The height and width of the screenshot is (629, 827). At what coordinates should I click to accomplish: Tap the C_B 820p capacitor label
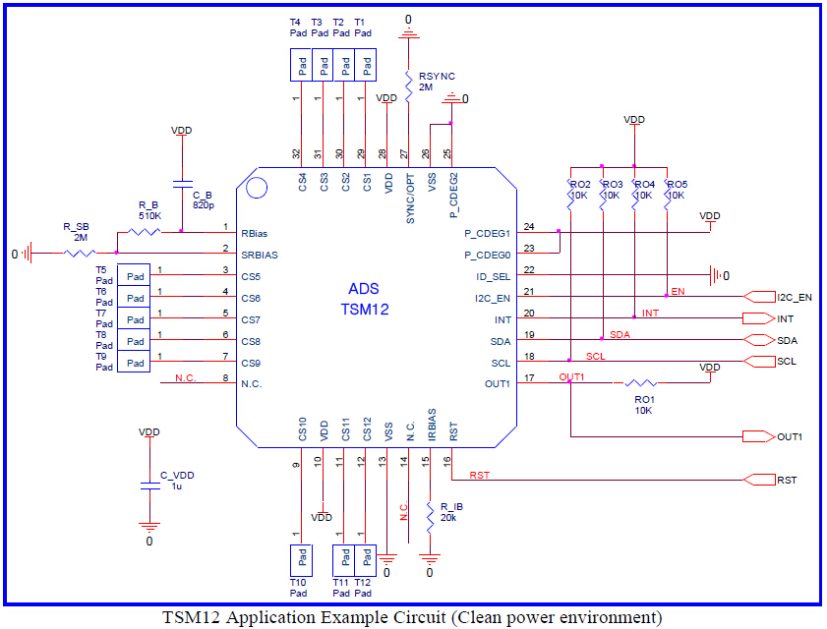[x=204, y=200]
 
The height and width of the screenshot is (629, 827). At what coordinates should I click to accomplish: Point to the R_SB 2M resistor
[x=78, y=254]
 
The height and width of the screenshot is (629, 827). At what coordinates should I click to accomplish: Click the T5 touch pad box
[x=134, y=276]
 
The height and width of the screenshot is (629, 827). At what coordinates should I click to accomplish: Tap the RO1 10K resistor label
[x=643, y=404]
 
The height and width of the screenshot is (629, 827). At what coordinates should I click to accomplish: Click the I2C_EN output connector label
[x=795, y=297]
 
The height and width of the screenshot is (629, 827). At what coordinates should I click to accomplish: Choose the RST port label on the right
[x=787, y=481]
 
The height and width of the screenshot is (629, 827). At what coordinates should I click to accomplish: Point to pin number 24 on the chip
[x=529, y=227]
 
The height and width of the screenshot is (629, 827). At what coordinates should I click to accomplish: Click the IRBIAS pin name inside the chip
[x=431, y=426]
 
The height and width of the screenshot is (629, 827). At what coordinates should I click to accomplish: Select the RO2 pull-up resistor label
[x=580, y=185]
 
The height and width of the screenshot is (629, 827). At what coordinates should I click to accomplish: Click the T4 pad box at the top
[x=301, y=67]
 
